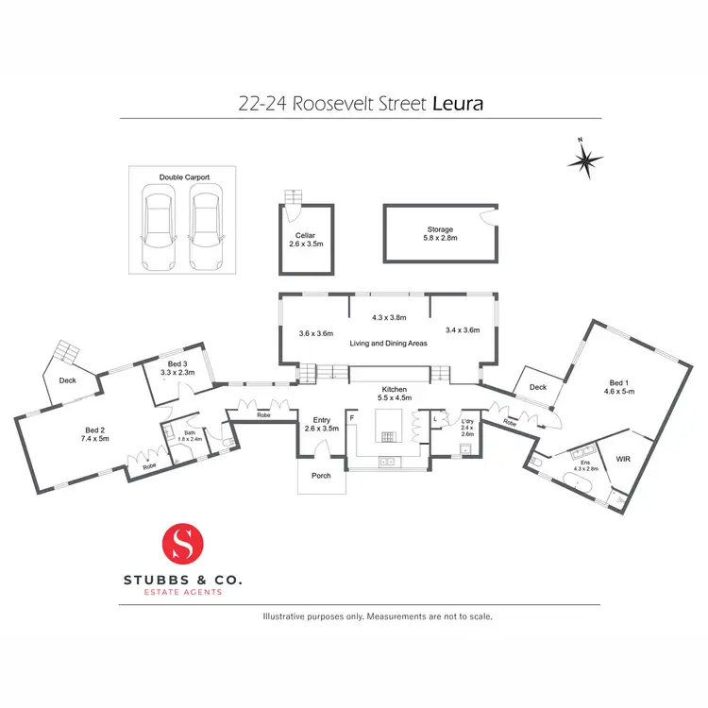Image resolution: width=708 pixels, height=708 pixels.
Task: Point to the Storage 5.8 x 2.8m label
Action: [x=440, y=234]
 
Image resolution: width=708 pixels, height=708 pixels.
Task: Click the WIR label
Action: [x=622, y=458]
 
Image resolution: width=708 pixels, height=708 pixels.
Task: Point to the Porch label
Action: [x=321, y=475]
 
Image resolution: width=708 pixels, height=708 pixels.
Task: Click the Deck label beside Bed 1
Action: [x=537, y=387]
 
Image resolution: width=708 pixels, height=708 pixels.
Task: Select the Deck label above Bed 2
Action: [x=67, y=380]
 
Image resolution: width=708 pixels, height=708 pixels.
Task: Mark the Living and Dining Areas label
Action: [x=389, y=343]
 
